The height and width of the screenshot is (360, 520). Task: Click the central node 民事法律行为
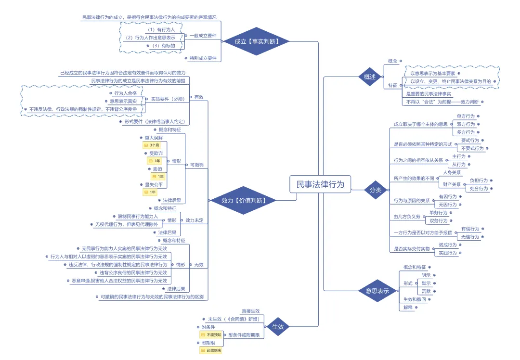click(x=320, y=184)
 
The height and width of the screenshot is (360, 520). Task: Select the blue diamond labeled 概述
click(x=370, y=77)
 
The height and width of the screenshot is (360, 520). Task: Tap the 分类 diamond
click(x=376, y=190)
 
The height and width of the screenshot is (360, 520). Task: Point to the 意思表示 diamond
click(x=377, y=291)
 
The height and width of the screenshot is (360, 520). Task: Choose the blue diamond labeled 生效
click(x=278, y=326)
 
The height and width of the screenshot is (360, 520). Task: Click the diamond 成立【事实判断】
click(x=257, y=41)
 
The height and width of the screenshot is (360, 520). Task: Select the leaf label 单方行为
click(x=466, y=116)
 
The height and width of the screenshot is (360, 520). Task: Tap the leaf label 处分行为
click(x=479, y=189)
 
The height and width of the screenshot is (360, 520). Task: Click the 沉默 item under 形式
click(x=426, y=291)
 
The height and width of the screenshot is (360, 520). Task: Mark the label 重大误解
click(x=154, y=137)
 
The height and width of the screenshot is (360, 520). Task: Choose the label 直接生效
click(x=250, y=311)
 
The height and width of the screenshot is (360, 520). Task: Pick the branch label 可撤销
click(x=196, y=165)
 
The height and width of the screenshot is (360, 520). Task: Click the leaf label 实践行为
click(x=447, y=253)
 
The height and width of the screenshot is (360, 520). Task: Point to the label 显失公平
click(x=154, y=184)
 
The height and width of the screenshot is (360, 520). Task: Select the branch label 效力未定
click(x=195, y=220)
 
